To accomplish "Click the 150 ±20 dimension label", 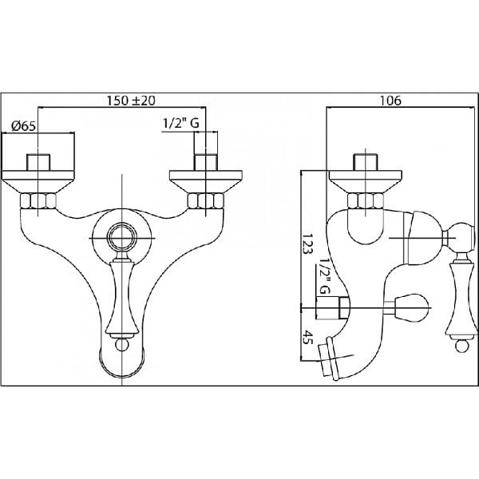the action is pyautogui.click(x=131, y=101).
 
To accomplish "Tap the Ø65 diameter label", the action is pyautogui.click(x=23, y=126).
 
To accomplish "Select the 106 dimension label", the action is pyautogui.click(x=390, y=101).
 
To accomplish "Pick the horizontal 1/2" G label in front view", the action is pyautogui.click(x=181, y=123).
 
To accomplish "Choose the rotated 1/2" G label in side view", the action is pyautogui.click(x=324, y=276).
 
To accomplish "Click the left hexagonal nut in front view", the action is pyautogui.click(x=38, y=200).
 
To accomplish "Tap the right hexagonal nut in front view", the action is pyautogui.click(x=206, y=200).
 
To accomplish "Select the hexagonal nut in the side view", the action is pyautogui.click(x=366, y=200).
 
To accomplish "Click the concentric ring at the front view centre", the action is pyautogui.click(x=121, y=238).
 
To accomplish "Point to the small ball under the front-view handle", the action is pyautogui.click(x=121, y=345).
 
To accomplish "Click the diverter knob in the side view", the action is pyautogui.click(x=410, y=307).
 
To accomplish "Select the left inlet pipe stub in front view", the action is pyautogui.click(x=38, y=163).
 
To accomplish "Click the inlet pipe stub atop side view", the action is pyautogui.click(x=366, y=163).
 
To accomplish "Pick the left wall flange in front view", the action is pyautogui.click(x=38, y=182).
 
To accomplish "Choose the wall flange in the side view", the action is pyautogui.click(x=366, y=182).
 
